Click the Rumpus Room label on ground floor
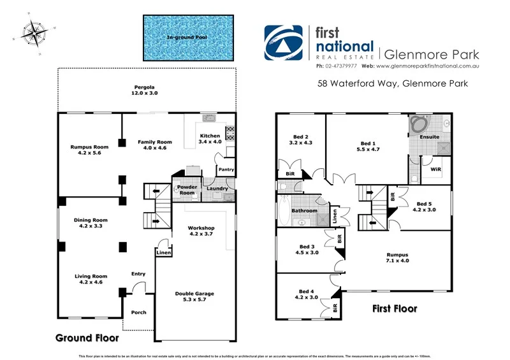[x=89, y=150]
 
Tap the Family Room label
[x=155, y=145]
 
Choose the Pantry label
[x=226, y=169]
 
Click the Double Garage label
[x=194, y=297]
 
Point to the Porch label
[x=138, y=313]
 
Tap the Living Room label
[x=91, y=279]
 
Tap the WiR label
[x=436, y=169]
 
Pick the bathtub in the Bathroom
[x=285, y=210]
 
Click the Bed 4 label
[x=306, y=294]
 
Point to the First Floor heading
[x=395, y=309]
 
